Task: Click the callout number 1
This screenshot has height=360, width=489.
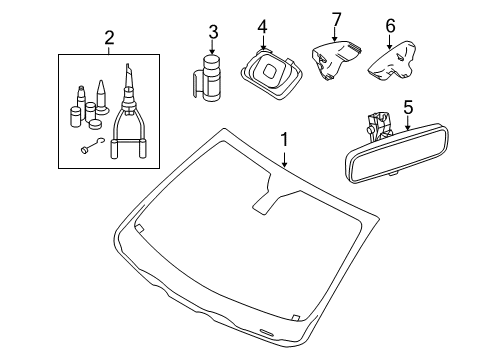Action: pos(284,140)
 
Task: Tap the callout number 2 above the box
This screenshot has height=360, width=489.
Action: pos(109,38)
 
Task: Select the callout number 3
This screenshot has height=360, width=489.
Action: pos(213,32)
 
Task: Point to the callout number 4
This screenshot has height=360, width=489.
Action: pos(263,27)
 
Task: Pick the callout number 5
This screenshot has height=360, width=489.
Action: pos(408,107)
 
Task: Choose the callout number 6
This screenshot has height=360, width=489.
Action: pos(390,26)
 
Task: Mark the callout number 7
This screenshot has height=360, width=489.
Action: pos(337,20)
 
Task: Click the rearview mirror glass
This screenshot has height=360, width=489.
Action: pos(396,152)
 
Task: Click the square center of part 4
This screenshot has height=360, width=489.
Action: pos(270,71)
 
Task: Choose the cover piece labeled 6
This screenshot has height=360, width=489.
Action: pos(393,61)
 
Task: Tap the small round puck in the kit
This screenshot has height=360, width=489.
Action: pos(96,124)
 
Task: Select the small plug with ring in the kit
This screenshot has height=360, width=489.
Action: pos(92,146)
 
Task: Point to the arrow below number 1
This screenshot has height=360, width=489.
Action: pos(284,159)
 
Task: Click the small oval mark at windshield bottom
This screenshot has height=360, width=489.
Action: pos(266,332)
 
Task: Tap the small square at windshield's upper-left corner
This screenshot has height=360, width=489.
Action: pos(139,228)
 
